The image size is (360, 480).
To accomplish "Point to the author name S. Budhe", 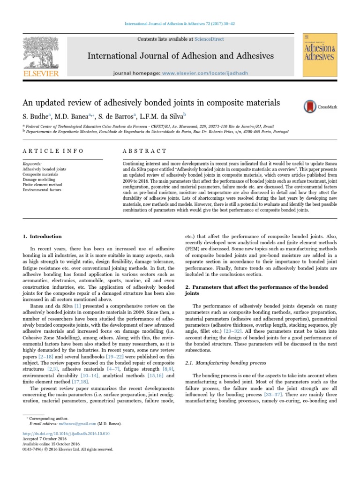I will click(38, 115).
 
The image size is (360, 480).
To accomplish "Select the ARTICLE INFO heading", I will click(53, 151).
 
